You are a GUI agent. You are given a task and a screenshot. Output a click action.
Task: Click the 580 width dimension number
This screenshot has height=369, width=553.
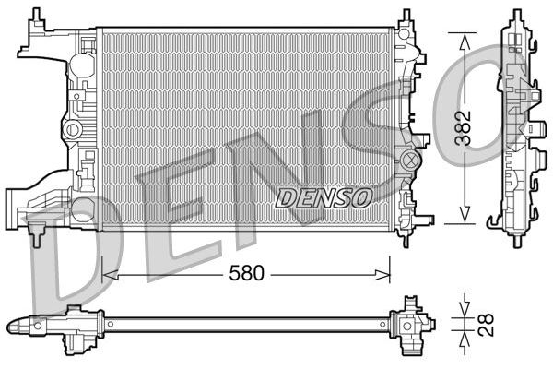(x=246, y=273)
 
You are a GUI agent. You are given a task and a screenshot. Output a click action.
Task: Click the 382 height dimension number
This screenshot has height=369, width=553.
(x=463, y=128)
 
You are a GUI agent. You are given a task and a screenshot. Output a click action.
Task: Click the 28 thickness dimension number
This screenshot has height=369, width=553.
(x=486, y=325)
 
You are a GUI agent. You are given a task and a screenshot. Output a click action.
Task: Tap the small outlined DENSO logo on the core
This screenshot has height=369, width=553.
(x=324, y=197)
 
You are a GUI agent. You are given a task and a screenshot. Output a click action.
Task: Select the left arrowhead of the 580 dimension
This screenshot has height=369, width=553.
(x=110, y=275)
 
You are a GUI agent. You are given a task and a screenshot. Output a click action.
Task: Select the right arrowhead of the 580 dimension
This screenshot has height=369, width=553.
(x=382, y=274)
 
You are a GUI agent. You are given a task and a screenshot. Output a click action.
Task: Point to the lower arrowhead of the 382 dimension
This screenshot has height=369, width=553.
(x=465, y=214)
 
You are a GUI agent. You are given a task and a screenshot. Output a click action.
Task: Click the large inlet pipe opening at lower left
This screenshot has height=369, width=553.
(x=11, y=209)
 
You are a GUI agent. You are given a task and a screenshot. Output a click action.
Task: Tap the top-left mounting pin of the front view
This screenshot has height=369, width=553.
(x=37, y=15)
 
